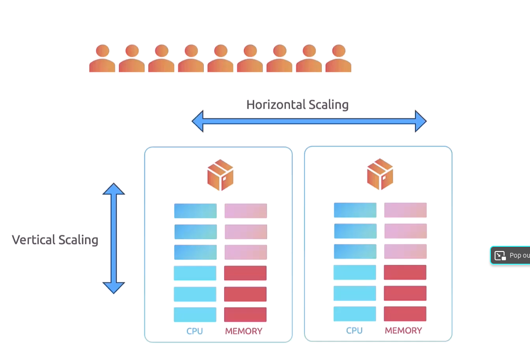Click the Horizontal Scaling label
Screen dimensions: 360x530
[x=297, y=104]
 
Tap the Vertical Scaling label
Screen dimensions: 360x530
[x=55, y=240]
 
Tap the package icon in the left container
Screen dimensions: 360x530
[x=220, y=175]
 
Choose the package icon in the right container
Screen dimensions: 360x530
[x=380, y=174]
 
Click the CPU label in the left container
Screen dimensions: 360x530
[x=194, y=331]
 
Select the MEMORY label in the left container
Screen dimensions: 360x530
[x=244, y=331]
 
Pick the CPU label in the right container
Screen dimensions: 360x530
[x=354, y=330]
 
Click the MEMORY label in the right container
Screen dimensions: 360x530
[x=403, y=330]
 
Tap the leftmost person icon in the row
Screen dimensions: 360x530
[x=102, y=59]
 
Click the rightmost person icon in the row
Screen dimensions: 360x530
[x=338, y=59]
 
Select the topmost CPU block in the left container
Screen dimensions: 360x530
[x=195, y=211]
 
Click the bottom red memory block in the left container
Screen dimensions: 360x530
[x=245, y=315]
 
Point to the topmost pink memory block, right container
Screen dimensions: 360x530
[x=405, y=210]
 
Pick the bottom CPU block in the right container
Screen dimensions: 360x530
[x=354, y=314]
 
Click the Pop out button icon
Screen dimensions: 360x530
[x=500, y=256]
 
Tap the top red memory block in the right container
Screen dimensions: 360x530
[x=405, y=272]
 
